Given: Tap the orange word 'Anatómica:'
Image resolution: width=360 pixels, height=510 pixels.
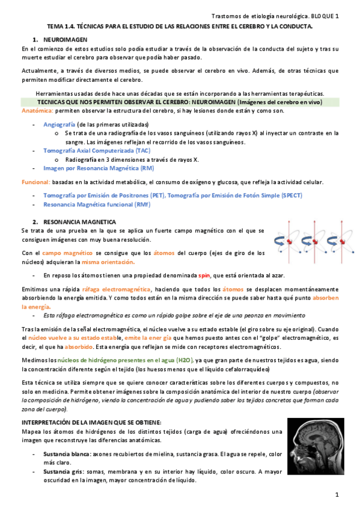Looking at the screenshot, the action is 37,111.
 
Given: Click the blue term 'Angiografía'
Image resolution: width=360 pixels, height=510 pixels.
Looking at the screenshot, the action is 59,123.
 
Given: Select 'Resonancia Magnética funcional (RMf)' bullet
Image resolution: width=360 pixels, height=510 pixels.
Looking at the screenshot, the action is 96,204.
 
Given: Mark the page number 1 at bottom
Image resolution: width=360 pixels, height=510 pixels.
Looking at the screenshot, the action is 337,494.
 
